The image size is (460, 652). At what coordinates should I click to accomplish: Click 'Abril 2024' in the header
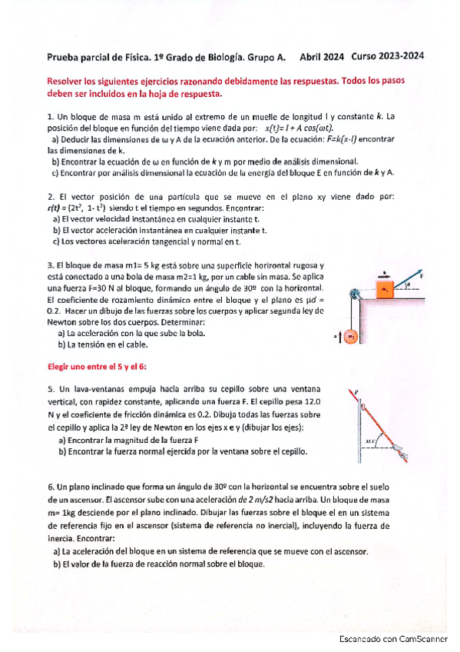click(x=323, y=56)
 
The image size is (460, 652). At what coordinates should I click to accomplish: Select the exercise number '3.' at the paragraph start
click(x=50, y=264)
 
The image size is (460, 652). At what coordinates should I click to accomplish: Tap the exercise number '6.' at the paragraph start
click(x=50, y=487)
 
